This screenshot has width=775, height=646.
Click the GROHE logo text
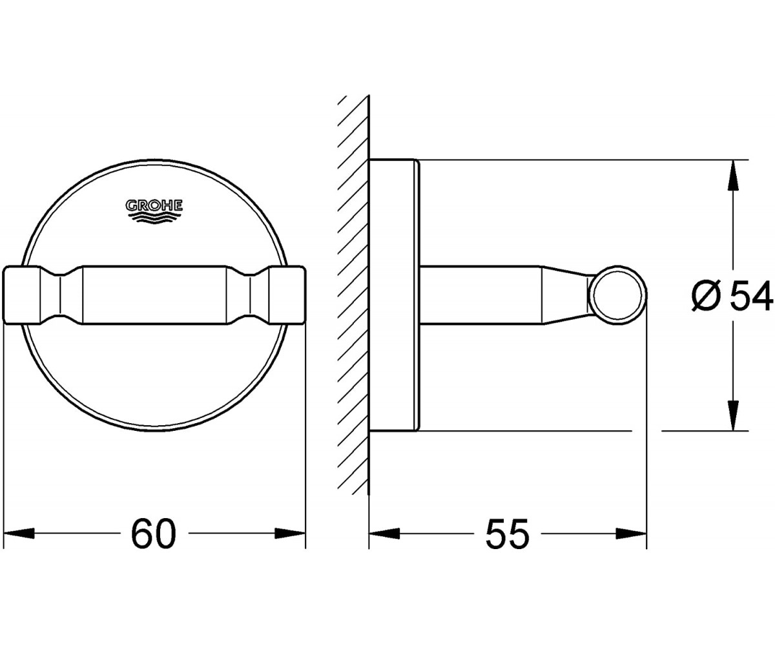(154, 205)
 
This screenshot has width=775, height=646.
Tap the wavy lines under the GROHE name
(154, 218)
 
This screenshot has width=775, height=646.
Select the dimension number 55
(507, 534)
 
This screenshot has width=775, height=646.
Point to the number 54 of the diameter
(751, 295)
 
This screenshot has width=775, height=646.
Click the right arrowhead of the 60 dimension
(290, 534)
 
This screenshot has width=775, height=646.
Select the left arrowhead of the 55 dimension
(384, 534)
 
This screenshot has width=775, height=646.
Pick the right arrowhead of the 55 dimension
(632, 534)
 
